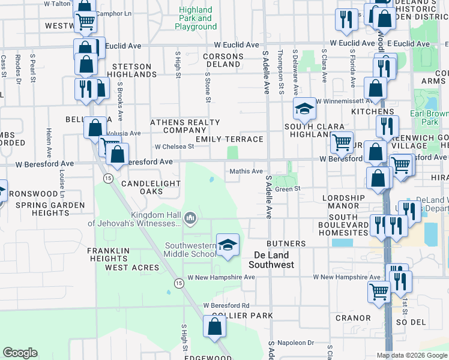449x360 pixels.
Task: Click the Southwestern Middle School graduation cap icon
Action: (228, 245)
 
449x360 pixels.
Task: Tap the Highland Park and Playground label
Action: (196, 18)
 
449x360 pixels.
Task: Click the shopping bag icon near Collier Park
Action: (214, 327)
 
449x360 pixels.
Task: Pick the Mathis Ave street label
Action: (247, 172)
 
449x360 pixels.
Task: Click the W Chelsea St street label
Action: (174, 146)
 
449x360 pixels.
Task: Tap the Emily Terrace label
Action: (234, 139)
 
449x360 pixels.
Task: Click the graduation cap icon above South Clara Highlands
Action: (304, 109)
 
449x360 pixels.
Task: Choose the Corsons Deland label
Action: (223, 61)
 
